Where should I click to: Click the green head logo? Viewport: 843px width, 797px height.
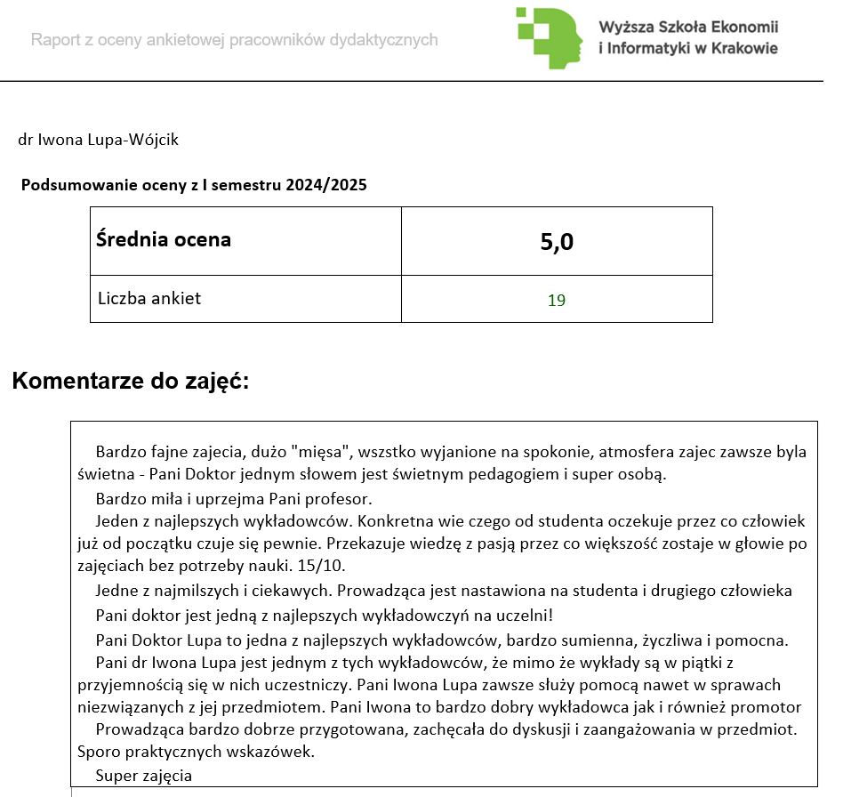click(550, 38)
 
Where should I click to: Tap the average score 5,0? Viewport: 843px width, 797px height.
click(557, 241)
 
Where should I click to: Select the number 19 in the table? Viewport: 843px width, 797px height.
click(557, 300)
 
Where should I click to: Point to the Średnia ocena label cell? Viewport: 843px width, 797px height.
click(164, 239)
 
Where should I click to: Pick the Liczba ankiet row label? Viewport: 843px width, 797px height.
click(149, 298)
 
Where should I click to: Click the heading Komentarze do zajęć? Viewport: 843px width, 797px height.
click(131, 382)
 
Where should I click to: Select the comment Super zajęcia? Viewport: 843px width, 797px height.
click(144, 775)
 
